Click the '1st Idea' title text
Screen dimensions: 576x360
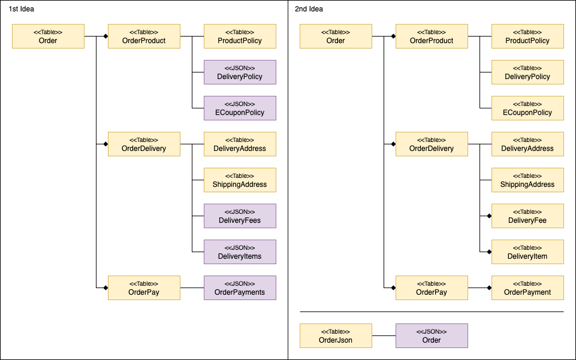point(22,9)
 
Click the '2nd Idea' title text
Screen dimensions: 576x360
point(309,9)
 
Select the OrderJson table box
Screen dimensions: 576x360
point(336,336)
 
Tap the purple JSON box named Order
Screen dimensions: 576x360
point(432,336)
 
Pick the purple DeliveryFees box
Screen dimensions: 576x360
point(240,216)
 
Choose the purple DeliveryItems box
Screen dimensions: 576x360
point(240,252)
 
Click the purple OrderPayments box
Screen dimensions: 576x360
point(240,288)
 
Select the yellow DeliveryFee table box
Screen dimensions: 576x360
point(527,216)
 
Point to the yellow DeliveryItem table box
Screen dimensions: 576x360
point(527,252)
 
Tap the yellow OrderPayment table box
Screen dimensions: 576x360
point(527,288)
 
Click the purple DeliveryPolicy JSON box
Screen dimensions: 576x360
point(240,72)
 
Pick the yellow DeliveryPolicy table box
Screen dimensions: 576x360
point(527,72)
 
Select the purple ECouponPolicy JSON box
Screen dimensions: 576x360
point(240,108)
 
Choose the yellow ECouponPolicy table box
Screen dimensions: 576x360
point(527,108)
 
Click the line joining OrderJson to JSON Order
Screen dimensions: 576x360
point(384,336)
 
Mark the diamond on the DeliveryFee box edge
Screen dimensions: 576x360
point(489,216)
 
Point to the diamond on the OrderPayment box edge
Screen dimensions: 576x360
point(489,288)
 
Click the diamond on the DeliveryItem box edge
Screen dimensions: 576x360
point(489,252)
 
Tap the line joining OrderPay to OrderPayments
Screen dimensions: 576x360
point(192,288)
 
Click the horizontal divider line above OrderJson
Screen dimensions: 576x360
point(432,312)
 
